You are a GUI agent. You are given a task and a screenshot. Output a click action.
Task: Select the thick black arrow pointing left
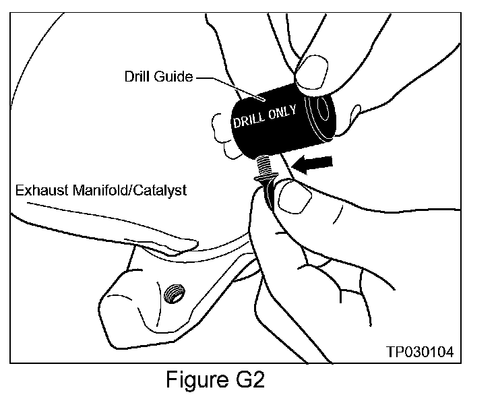(x=315, y=164)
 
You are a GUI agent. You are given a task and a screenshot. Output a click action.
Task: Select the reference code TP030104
(x=420, y=352)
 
